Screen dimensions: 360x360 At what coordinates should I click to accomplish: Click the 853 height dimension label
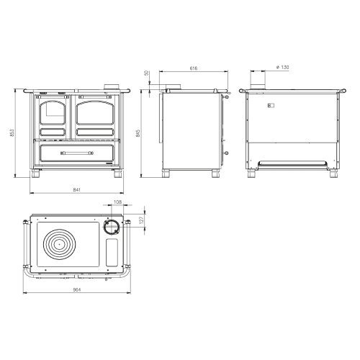pos(12,132)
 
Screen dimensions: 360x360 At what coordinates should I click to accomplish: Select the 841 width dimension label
pos(76,190)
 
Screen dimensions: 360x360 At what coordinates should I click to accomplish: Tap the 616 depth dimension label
pos(194,68)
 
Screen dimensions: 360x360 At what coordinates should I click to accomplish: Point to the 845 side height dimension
pos(138,133)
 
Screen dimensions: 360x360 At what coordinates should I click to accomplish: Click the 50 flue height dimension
pos(147,73)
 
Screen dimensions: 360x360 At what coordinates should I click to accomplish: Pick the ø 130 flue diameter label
pos(282,67)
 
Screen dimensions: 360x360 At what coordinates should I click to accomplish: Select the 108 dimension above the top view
pos(117,202)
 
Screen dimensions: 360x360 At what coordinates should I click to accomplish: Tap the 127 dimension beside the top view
pos(141,220)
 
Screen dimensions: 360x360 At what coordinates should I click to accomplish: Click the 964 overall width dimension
pos(77,289)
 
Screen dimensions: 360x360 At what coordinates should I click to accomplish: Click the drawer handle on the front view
pos(77,153)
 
